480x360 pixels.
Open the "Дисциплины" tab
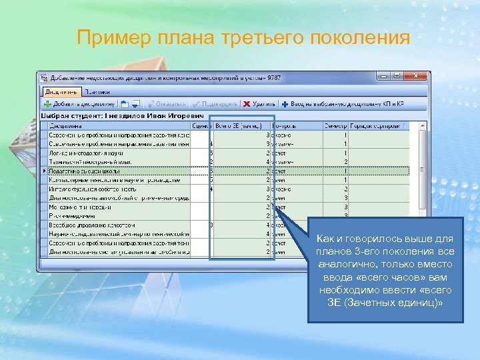(62, 92)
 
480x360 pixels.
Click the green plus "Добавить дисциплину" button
(79, 104)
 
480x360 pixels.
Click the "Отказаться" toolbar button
(167, 104)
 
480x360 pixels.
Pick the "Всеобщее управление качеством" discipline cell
(87, 225)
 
